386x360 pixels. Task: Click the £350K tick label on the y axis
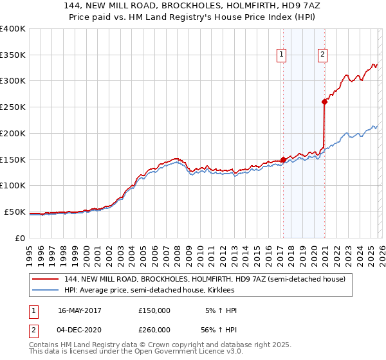[x=13, y=55]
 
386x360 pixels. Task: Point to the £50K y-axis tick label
[x=15, y=212]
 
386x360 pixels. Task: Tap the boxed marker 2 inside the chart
[x=322, y=55]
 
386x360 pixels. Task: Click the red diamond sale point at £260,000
[x=324, y=101]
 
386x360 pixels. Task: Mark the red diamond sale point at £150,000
[x=283, y=159]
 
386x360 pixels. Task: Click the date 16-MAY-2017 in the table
[x=79, y=310]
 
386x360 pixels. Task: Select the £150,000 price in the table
[x=154, y=310]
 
